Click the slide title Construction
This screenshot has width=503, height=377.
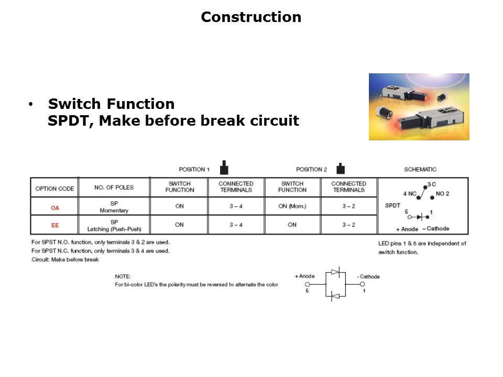point(251,17)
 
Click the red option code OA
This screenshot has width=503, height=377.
point(55,207)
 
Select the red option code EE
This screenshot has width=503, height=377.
point(55,225)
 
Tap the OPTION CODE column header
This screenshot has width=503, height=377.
point(54,188)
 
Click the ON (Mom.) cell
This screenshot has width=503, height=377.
point(292,206)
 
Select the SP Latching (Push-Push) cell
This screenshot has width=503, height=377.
point(114,225)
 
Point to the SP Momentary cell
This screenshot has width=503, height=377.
point(114,207)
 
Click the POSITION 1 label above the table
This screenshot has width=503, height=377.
point(194,170)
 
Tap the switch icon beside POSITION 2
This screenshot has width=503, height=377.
point(341,169)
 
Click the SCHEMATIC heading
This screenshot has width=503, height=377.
point(420,170)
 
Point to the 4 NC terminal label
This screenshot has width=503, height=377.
point(409,194)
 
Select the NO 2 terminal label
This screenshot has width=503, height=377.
point(442,194)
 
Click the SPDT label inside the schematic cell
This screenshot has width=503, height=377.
point(392,205)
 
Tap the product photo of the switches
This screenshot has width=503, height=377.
point(419,107)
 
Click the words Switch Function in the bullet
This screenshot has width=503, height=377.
point(111,104)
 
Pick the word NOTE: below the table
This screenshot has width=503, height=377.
point(123,276)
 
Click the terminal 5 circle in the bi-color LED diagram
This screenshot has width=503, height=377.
point(308,284)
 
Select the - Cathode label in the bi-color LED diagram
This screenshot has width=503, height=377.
point(369,276)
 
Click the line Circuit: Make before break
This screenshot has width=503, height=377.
point(65,259)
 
